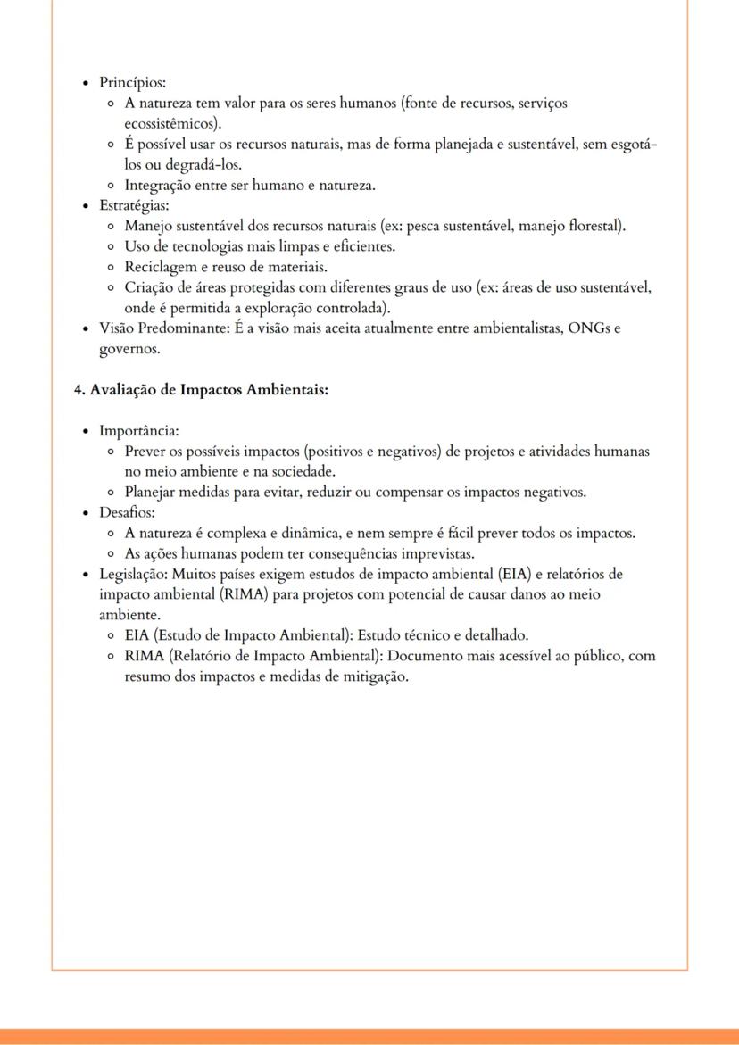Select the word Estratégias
(x=133, y=206)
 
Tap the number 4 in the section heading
(x=78, y=390)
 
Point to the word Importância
(x=138, y=431)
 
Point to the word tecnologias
(x=190, y=246)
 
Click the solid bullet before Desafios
(x=86, y=513)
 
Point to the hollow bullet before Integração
(x=110, y=186)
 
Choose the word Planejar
(x=152, y=492)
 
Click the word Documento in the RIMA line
(x=421, y=656)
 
